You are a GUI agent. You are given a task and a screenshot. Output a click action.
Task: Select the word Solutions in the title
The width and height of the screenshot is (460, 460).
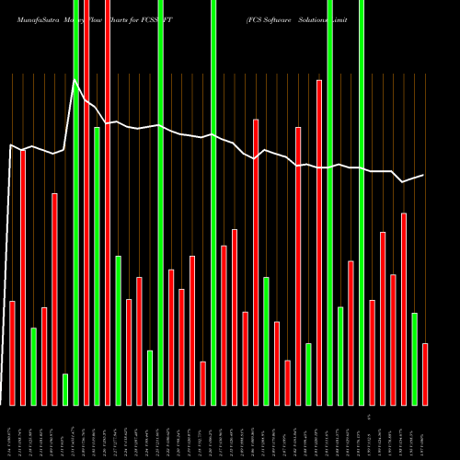pos(334,17)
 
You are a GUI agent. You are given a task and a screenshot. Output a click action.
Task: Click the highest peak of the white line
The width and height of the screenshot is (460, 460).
pos(75,81)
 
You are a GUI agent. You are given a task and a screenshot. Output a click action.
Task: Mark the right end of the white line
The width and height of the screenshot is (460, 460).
pos(424,175)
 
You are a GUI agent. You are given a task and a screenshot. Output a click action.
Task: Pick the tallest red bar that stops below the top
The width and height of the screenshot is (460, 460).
pos(319,242)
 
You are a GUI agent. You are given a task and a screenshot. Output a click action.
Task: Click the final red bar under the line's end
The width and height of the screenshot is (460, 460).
pos(424,374)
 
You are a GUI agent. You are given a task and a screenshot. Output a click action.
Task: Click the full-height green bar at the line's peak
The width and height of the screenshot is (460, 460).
pos(75,202)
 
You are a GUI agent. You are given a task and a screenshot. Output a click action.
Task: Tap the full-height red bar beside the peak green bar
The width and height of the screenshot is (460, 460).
pos(86,202)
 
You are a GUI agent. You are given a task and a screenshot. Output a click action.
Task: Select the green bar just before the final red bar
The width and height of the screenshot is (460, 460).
pos(414,359)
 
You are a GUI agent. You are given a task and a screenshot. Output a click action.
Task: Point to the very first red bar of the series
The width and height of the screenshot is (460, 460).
pos(13,352)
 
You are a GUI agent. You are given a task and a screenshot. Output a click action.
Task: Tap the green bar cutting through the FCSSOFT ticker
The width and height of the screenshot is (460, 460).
pos(213,202)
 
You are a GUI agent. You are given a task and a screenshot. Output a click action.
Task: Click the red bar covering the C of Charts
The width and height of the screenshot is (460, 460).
pos(108,202)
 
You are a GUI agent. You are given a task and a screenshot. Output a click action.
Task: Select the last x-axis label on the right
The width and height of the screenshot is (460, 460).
pos(424,432)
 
